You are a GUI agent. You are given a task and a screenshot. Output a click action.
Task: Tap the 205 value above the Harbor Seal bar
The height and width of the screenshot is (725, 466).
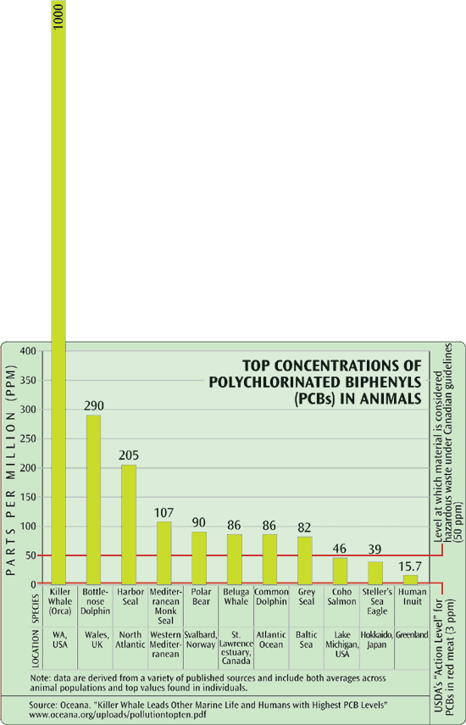click(x=129, y=455)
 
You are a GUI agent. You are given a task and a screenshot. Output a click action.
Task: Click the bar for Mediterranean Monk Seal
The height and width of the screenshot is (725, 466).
click(x=164, y=552)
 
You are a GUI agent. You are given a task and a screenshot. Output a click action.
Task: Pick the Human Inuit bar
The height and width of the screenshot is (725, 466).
click(x=410, y=579)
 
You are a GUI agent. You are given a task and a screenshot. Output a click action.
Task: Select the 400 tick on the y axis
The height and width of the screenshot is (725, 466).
click(x=28, y=351)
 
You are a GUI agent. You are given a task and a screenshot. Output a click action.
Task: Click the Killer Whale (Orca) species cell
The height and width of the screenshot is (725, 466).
click(x=60, y=599)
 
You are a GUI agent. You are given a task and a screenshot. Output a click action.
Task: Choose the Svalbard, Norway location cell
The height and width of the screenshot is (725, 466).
click(x=200, y=639)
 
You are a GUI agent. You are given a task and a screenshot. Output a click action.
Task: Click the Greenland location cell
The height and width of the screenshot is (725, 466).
click(x=410, y=633)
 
